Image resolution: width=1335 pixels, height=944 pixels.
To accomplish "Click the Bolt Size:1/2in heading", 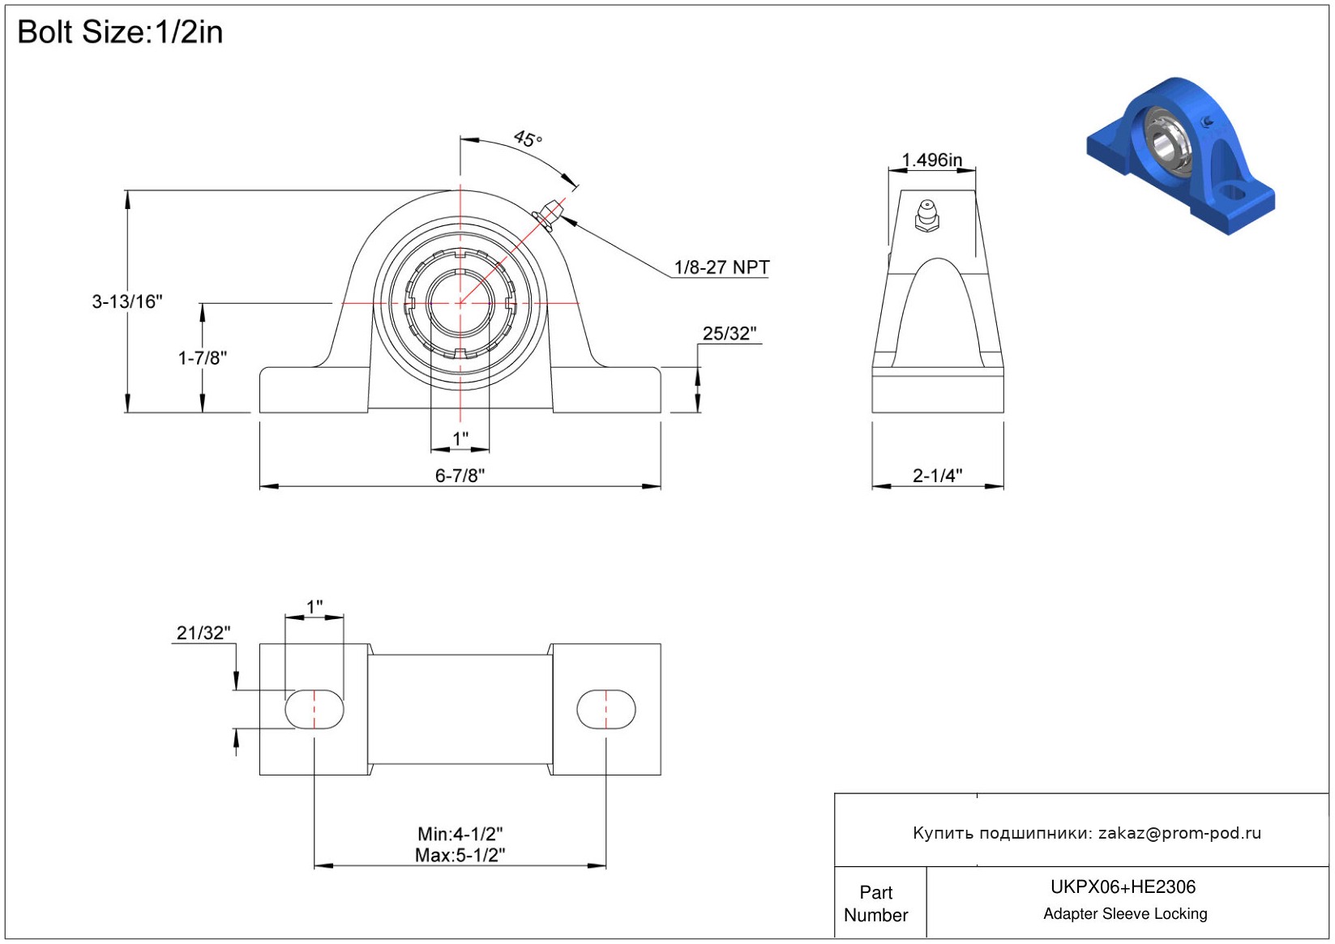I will tap(120, 32).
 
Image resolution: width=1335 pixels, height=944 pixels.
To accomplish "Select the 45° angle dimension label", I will tap(528, 139).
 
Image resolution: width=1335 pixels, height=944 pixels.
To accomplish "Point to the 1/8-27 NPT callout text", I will tap(721, 267).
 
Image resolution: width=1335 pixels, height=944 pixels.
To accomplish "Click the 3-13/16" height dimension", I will tap(127, 302).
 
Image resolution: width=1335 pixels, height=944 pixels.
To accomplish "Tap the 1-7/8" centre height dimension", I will tap(203, 357).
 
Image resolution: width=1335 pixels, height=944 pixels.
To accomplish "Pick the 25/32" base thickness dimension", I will tap(729, 334).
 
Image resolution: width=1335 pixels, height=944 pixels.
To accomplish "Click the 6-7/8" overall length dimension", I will tap(460, 476).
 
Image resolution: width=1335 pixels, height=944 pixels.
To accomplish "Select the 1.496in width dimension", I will tap(932, 160).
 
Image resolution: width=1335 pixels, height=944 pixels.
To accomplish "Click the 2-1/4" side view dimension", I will tap(937, 476).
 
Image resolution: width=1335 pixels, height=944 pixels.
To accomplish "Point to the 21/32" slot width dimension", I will tap(203, 633).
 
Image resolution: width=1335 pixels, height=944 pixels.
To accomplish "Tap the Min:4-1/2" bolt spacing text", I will tap(460, 834).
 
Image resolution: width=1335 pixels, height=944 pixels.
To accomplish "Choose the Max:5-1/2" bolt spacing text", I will tap(460, 855).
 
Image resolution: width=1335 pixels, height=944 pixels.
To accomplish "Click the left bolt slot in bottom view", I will tap(314, 709).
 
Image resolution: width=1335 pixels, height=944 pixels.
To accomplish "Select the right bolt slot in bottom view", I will tap(605, 709).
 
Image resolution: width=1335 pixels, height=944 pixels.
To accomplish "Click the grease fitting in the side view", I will tap(926, 216).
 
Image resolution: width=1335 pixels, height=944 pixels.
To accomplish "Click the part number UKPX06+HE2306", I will tap(1123, 887).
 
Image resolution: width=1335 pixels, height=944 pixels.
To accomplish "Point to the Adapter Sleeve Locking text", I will tap(1125, 914).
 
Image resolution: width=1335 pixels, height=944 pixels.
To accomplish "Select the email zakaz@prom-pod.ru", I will tap(1179, 833).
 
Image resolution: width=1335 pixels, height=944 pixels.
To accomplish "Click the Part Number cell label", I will tap(876, 903).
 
